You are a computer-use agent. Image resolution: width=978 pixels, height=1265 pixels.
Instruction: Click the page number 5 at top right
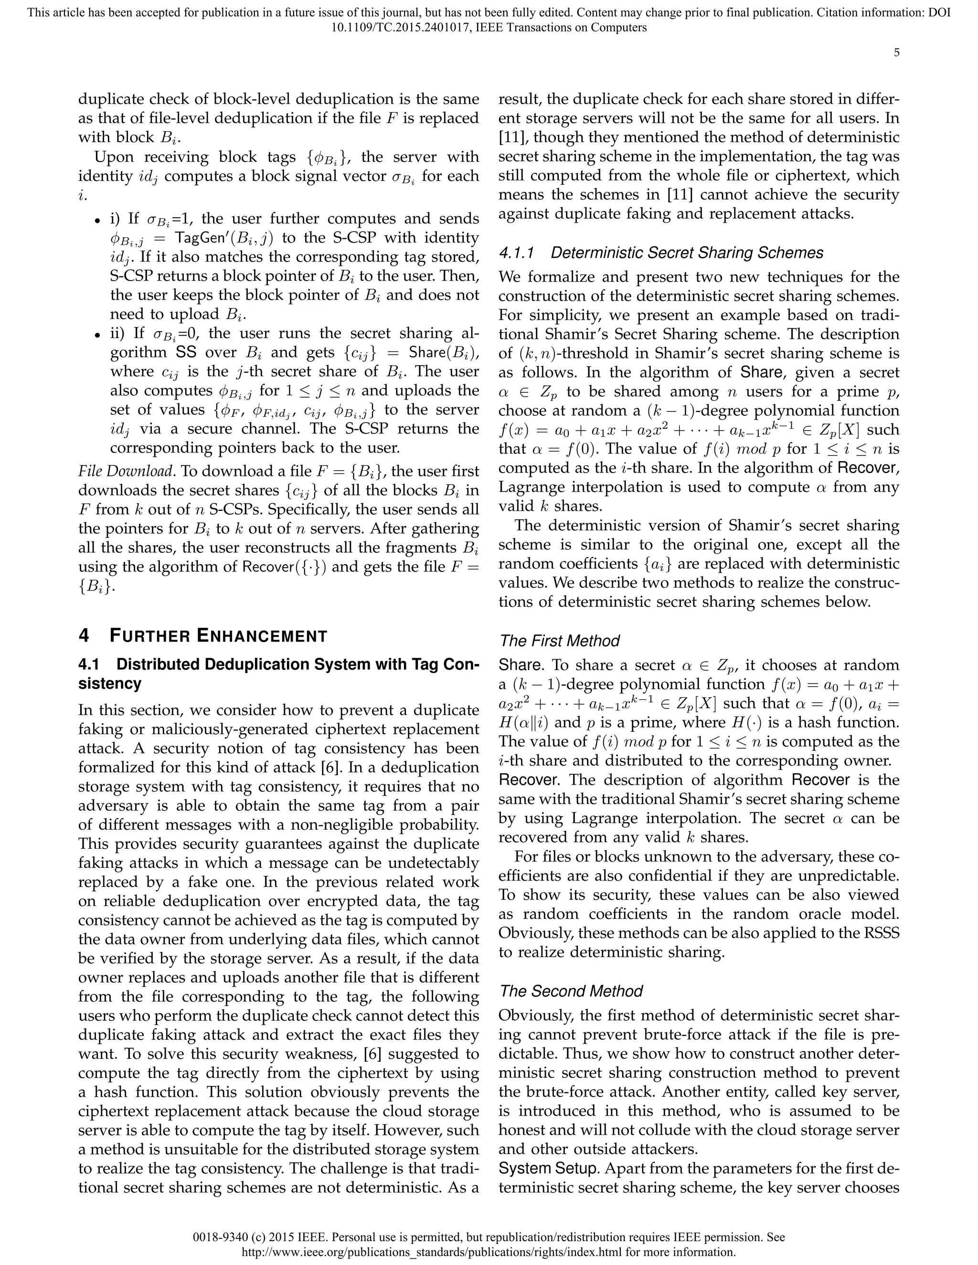896,53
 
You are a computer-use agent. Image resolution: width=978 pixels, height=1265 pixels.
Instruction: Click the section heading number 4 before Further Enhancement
84,635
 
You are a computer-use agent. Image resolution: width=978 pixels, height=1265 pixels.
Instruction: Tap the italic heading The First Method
559,641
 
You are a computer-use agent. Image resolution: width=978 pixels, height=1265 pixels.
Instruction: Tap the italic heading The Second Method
571,991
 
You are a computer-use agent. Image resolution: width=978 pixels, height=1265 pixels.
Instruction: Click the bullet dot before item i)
97,221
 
